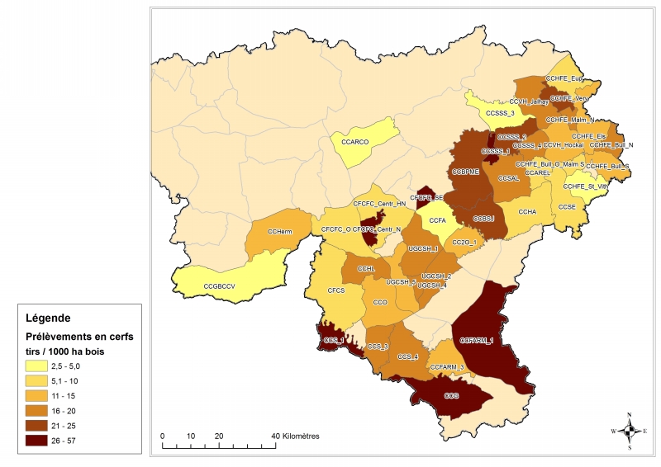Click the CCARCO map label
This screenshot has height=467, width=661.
pyautogui.click(x=354, y=142)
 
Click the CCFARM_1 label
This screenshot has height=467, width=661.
pyautogui.click(x=476, y=340)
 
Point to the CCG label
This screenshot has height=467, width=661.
pyautogui.click(x=451, y=397)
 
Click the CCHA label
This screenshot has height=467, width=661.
pyautogui.click(x=528, y=213)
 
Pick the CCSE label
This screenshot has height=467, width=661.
pyautogui.click(x=566, y=206)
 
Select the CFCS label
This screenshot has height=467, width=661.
pyautogui.click(x=336, y=291)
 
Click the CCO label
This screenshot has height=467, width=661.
pyautogui.click(x=380, y=303)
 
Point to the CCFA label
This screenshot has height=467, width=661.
pyautogui.click(x=437, y=221)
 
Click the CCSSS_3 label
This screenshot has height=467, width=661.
pyautogui.click(x=500, y=113)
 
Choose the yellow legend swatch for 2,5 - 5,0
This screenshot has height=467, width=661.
pyautogui.click(x=35, y=366)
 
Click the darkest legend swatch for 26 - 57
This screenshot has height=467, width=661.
pyautogui.click(x=35, y=441)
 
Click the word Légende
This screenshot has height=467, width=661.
pyautogui.click(x=48, y=318)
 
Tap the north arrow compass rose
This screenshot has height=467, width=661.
pyautogui.click(x=630, y=429)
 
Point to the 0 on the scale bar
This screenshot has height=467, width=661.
pyautogui.click(x=162, y=436)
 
